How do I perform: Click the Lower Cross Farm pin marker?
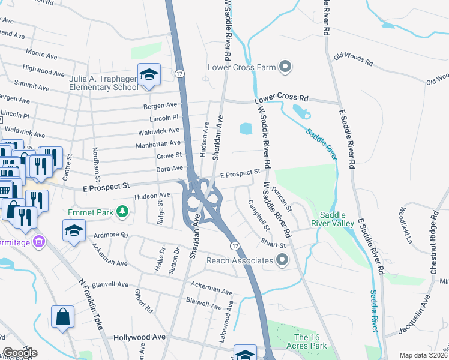click(285, 67)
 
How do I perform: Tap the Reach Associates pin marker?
click(282, 260)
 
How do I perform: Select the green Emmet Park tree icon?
click(122, 211)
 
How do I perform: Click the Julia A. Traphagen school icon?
click(149, 74)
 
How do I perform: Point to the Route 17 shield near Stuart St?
click(235, 246)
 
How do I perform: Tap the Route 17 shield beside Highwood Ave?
click(179, 73)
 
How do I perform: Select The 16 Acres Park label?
click(311, 341)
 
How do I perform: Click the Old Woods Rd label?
click(354, 59)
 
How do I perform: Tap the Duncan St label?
click(282, 199)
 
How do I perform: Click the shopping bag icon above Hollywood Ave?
click(62, 316)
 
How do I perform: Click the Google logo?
click(20, 353)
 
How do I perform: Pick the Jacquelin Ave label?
click(415, 314)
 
